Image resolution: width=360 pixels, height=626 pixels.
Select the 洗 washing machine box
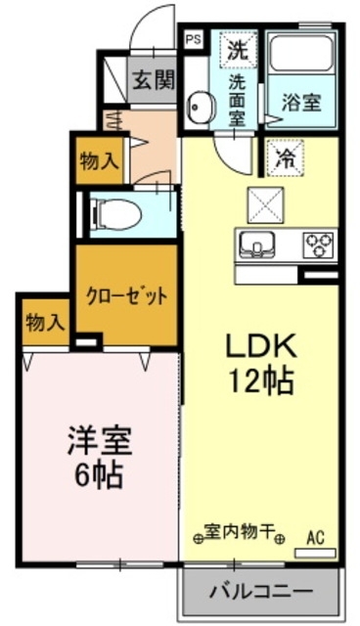click(238, 46)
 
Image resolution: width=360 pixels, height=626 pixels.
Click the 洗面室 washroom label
click(238, 99)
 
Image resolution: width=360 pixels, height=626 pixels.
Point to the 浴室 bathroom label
click(300, 101)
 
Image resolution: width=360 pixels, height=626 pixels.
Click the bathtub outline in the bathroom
click(300, 60)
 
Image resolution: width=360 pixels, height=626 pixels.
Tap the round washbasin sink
click(201, 107)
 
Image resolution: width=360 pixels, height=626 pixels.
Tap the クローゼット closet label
click(127, 294)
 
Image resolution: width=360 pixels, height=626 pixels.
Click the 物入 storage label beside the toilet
click(99, 162)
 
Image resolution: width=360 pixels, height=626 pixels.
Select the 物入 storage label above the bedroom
click(44, 321)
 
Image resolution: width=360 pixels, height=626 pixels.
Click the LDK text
click(261, 346)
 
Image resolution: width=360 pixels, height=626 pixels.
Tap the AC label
click(315, 536)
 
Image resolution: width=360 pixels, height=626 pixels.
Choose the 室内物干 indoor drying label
click(239, 536)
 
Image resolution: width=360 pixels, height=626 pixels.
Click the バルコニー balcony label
click(260, 592)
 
